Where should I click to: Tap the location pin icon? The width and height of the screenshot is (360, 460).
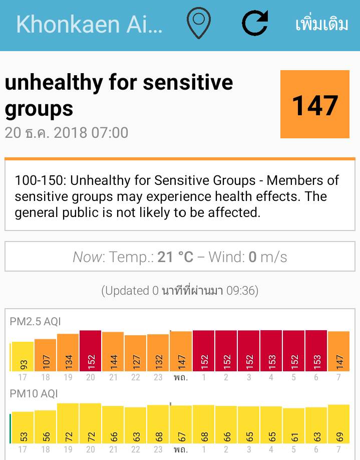pyautogui.click(x=199, y=24)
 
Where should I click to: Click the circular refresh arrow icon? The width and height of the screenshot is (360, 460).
pyautogui.click(x=254, y=24)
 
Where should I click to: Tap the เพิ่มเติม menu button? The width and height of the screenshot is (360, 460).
pyautogui.click(x=321, y=24)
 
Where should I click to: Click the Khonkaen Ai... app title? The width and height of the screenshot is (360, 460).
pyautogui.click(x=89, y=24)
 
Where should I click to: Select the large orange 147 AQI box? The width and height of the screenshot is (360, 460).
pyautogui.click(x=314, y=104)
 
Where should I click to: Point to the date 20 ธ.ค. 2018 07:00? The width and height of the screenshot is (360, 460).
pyautogui.click(x=67, y=133)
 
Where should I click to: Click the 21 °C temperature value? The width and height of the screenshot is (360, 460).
pyautogui.click(x=175, y=257)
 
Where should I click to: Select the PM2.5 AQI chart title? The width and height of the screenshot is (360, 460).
pyautogui.click(x=35, y=322)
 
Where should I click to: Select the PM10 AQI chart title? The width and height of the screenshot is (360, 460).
pyautogui.click(x=34, y=394)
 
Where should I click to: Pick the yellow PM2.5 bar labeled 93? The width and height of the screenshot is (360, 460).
pyautogui.click(x=23, y=357)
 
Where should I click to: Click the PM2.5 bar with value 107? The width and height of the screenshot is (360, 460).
pyautogui.click(x=46, y=355)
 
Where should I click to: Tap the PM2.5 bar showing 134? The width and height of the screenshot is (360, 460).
pyautogui.click(x=68, y=353)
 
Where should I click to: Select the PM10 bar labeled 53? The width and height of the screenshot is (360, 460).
pyautogui.click(x=23, y=427)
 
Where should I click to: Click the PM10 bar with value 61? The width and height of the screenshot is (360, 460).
pyautogui.click(x=294, y=426)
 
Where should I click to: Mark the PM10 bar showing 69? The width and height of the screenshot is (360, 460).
pyautogui.click(x=339, y=424)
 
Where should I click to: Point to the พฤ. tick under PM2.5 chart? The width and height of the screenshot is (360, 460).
pyautogui.click(x=181, y=377)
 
